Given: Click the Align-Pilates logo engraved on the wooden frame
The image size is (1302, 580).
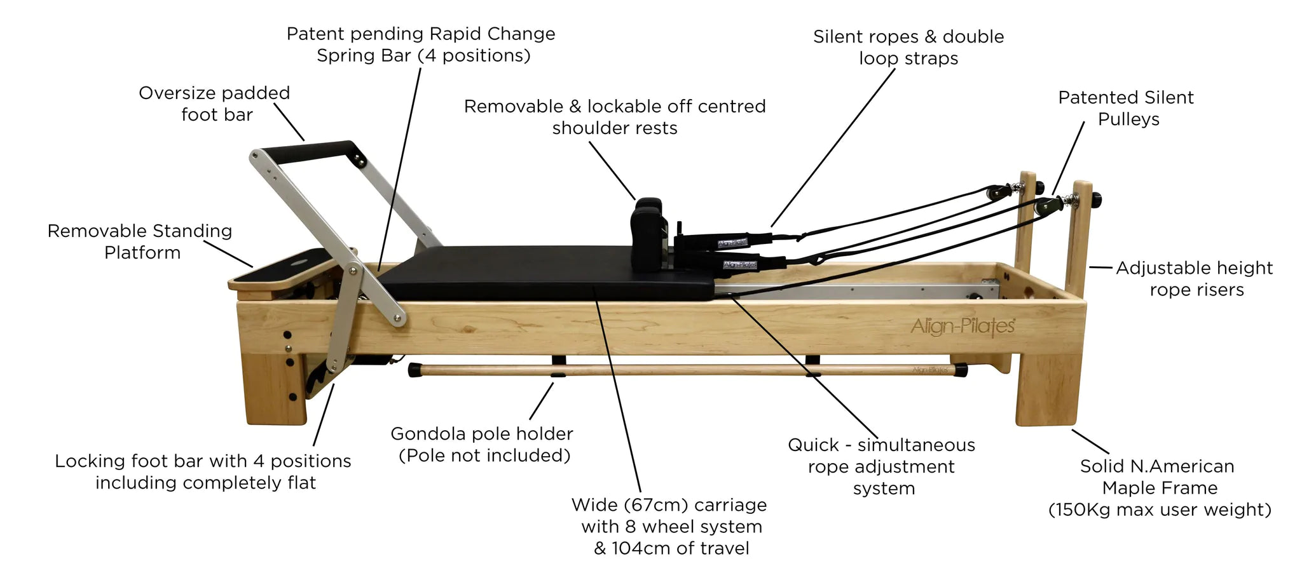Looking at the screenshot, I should (x=963, y=327).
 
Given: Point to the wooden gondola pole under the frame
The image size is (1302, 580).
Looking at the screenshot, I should (x=687, y=369).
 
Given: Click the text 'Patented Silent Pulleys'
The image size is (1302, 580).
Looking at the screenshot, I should (x=1126, y=108).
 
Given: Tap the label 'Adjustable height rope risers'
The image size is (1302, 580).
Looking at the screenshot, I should (x=1195, y=278).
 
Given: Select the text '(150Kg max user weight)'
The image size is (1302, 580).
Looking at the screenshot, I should (x=1160, y=509).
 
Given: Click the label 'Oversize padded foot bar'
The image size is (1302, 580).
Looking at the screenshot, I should (x=215, y=104).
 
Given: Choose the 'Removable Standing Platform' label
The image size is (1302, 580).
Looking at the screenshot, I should (x=140, y=241).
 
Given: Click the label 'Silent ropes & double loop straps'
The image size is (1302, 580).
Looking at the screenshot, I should (x=908, y=47).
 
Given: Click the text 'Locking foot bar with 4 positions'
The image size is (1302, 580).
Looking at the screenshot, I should (x=203, y=461).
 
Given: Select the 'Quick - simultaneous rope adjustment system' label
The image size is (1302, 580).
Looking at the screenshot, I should (x=881, y=466).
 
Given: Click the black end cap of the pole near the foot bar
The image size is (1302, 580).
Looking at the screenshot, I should (x=415, y=370).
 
